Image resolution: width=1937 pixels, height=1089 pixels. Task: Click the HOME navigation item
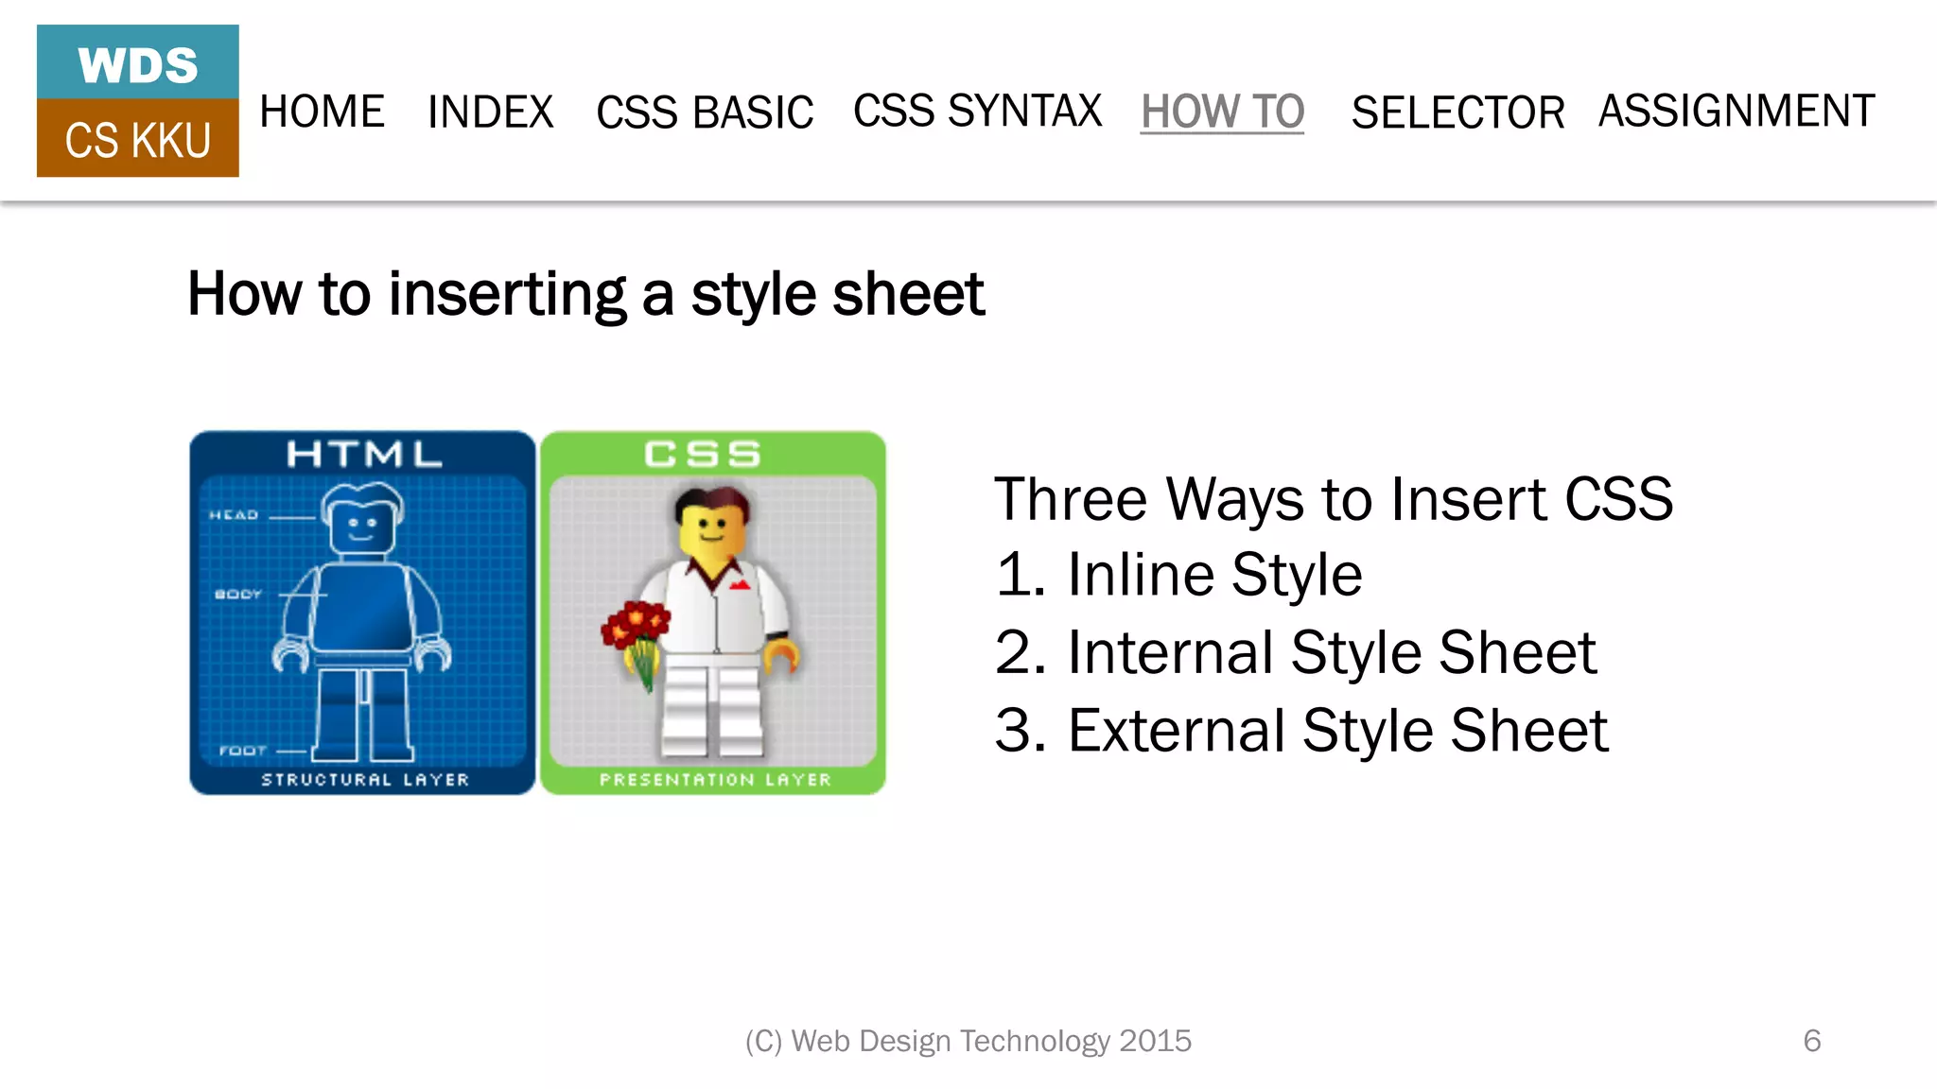(x=322, y=112)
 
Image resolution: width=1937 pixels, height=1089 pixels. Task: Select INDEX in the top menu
(x=490, y=112)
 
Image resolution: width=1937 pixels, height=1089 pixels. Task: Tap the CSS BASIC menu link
(x=705, y=112)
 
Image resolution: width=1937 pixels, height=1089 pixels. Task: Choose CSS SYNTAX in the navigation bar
(x=977, y=111)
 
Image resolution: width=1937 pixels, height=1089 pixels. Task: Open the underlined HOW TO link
(x=1222, y=112)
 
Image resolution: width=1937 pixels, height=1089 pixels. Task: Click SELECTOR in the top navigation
(x=1457, y=112)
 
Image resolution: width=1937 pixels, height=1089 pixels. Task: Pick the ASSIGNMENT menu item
(x=1736, y=111)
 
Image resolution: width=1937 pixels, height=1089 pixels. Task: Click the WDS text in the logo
(x=138, y=65)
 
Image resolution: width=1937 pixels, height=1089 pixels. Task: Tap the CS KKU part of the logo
(x=138, y=140)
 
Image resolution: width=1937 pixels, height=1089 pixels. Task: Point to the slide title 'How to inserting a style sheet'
(x=585, y=294)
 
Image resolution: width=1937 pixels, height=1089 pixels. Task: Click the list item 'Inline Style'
(x=1214, y=574)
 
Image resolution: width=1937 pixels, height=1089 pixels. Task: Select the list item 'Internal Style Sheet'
(x=1332, y=652)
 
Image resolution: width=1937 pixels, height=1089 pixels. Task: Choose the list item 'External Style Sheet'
(x=1337, y=730)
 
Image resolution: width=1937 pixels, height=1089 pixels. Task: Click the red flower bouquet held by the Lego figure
(x=637, y=629)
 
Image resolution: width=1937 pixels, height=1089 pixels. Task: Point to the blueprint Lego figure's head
(x=361, y=521)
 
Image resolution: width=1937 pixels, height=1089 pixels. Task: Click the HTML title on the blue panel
(x=364, y=455)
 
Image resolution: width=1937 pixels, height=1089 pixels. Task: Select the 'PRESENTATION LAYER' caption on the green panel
(x=715, y=780)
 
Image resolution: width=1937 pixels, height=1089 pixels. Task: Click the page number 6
(x=1812, y=1041)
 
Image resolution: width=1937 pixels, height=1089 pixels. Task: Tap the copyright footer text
(x=968, y=1041)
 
